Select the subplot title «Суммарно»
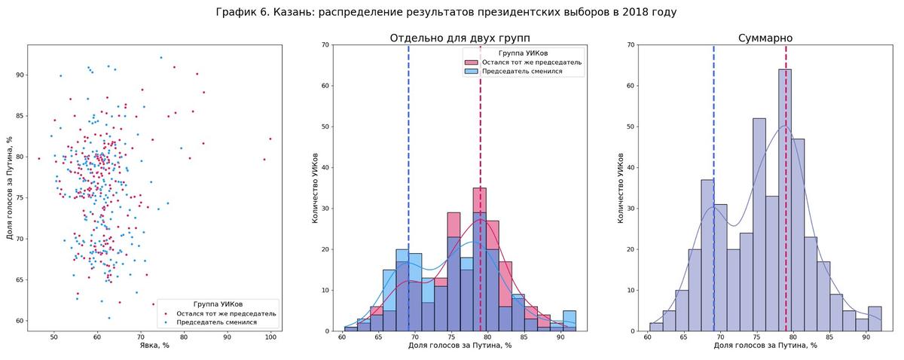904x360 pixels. point(765,38)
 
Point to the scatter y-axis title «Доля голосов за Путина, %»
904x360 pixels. point(10,188)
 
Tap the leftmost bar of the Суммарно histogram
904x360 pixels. point(656,327)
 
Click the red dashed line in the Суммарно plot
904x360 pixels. point(786,56)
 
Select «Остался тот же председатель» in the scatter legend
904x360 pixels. point(226,313)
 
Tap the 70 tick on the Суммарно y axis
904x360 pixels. point(634,45)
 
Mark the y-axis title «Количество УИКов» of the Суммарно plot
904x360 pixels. point(620,188)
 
